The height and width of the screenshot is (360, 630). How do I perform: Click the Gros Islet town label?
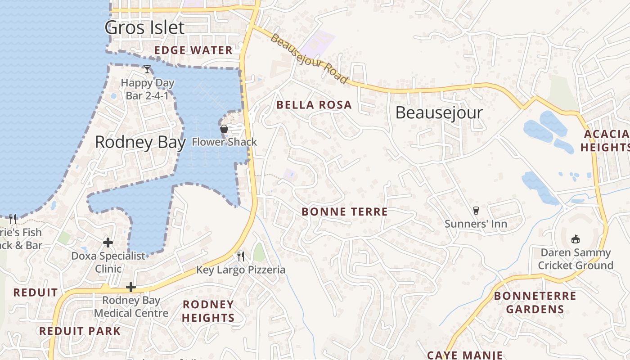(144, 27)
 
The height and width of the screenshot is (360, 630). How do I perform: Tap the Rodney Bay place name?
(140, 142)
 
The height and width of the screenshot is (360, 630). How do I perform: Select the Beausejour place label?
(439, 112)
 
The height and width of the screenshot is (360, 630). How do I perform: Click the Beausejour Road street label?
(309, 58)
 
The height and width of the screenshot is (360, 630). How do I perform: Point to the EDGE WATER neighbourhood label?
(193, 50)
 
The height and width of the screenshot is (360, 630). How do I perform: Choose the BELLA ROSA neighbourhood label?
(314, 105)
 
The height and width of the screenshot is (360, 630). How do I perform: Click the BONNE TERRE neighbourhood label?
(344, 211)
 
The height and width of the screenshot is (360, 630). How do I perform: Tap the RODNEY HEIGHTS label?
(208, 311)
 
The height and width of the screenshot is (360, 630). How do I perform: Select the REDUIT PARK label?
(80, 331)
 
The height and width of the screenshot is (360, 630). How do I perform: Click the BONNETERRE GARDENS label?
(535, 302)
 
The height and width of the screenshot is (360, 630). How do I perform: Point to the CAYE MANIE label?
(465, 355)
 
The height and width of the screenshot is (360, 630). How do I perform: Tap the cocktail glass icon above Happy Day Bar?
(147, 69)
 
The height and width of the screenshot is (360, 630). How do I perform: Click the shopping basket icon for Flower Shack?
(224, 129)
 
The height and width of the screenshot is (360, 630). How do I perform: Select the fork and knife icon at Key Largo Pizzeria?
(241, 256)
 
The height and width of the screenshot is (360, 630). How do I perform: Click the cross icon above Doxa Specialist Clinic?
(108, 243)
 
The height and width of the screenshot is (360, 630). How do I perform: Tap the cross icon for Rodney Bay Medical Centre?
(131, 287)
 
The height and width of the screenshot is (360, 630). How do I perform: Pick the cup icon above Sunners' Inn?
(476, 210)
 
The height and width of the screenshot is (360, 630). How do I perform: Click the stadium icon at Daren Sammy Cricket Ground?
(576, 239)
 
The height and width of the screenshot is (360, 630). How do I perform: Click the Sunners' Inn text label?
(476, 224)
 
